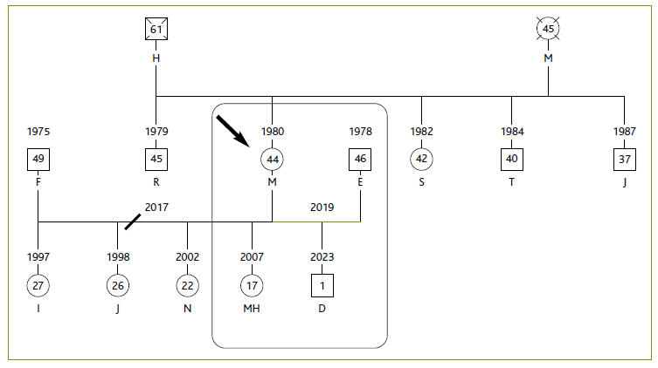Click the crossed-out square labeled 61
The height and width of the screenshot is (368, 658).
coord(156,31)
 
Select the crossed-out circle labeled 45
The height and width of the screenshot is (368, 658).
coord(548,31)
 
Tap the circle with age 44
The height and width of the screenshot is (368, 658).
coord(273,159)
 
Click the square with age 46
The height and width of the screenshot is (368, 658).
coord(361,159)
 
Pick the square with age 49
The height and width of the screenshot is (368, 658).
coord(38,159)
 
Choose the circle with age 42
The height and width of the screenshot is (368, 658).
coord(421,159)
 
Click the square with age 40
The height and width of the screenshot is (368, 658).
coord(512,159)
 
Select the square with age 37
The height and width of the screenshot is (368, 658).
coord(624,159)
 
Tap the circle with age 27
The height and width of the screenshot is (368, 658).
coord(38,284)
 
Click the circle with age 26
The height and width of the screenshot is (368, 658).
coord(117,284)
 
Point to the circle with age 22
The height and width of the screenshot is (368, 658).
coord(187,284)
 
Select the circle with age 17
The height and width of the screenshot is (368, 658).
coord(252,284)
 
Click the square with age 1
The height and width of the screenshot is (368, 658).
coord(322,284)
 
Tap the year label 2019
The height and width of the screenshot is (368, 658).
coord(322,208)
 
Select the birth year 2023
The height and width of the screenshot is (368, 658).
coord(322,257)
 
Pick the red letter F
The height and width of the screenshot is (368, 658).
coord(38,183)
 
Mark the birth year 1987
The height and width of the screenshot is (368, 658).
coord(624,132)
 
